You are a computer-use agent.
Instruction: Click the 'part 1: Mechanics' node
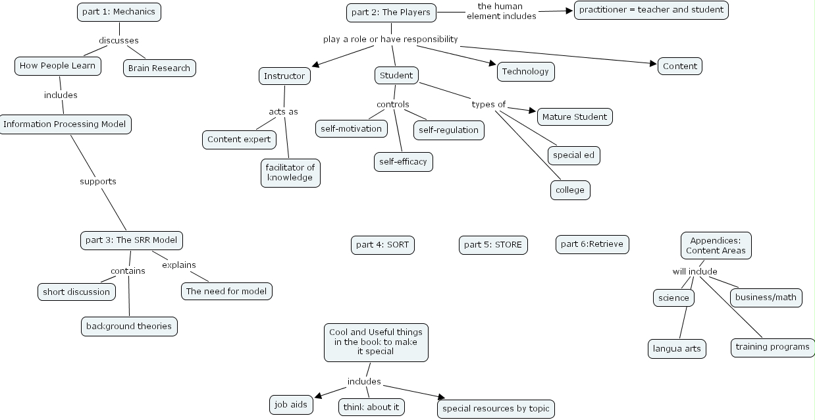(x=118, y=12)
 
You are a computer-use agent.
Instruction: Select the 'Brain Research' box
(x=159, y=68)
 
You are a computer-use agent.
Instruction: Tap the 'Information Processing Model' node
(x=65, y=124)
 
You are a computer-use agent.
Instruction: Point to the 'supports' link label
(x=98, y=181)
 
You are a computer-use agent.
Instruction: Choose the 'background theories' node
(x=129, y=326)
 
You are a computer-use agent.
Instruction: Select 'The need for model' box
(x=226, y=291)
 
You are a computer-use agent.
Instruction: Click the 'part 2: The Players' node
(x=391, y=12)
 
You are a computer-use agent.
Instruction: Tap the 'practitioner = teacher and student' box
(x=651, y=9)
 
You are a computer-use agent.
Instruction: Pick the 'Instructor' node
(x=284, y=76)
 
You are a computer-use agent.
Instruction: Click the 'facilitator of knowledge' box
(x=290, y=172)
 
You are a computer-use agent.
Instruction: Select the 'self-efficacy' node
(x=403, y=161)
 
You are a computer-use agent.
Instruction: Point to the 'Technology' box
(x=525, y=71)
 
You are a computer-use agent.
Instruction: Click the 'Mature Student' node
(x=575, y=117)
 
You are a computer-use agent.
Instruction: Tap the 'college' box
(x=570, y=190)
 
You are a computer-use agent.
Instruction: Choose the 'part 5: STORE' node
(x=492, y=244)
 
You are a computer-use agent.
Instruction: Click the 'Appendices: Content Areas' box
(x=716, y=245)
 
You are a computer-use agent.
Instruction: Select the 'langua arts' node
(x=677, y=348)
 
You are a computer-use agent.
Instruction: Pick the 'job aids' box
(x=290, y=404)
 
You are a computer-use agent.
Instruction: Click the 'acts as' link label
(x=283, y=111)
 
